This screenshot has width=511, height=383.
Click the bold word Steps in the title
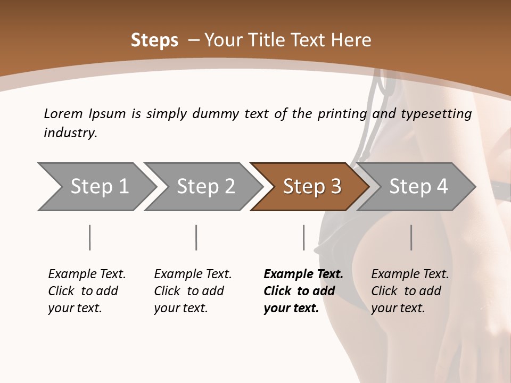click(154, 40)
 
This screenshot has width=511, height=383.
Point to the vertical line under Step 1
click(89, 237)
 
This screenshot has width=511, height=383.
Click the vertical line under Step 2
click(196, 237)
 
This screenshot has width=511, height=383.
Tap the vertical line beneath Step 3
click(303, 237)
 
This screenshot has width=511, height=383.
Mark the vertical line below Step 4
click(411, 237)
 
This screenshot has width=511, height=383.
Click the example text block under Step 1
click(87, 291)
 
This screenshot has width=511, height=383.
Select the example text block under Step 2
click(193, 291)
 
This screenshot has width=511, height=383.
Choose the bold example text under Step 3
click(303, 291)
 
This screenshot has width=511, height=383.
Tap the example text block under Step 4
click(410, 291)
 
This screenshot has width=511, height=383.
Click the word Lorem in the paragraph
click(63, 114)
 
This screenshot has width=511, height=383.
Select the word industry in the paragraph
click(70, 133)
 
